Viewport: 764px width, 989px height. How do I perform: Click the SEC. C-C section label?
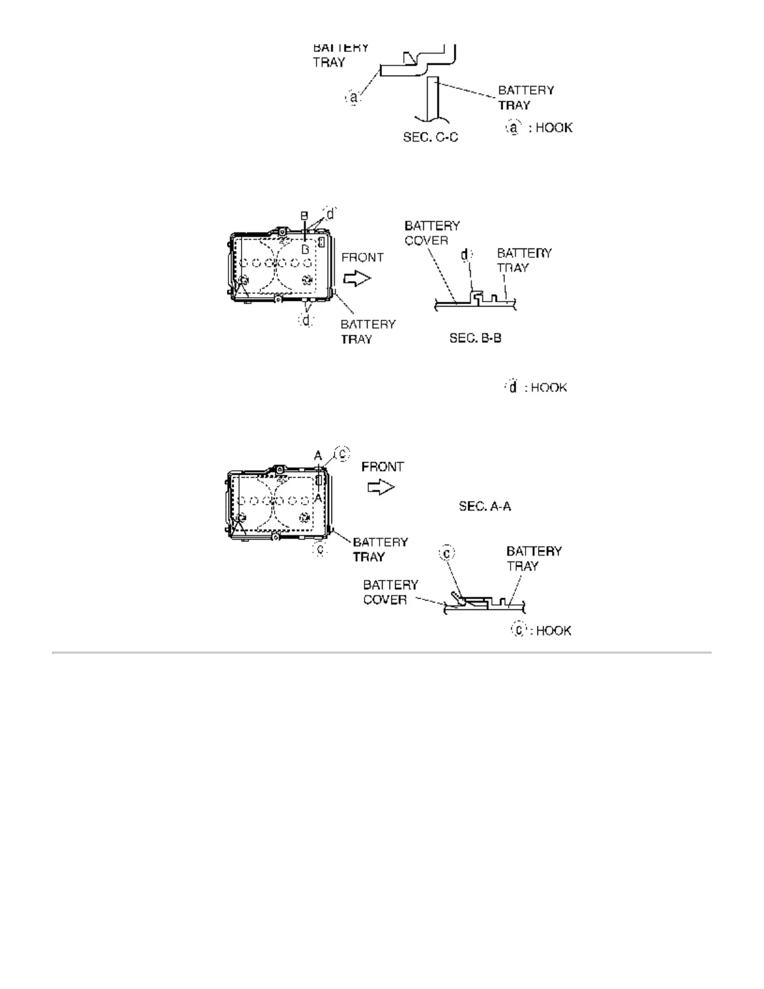pyautogui.click(x=431, y=137)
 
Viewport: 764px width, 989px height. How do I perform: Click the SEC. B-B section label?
pyautogui.click(x=476, y=338)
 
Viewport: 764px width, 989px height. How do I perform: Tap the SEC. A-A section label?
pyautogui.click(x=485, y=506)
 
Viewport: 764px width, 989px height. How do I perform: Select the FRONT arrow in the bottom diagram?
pyautogui.click(x=381, y=487)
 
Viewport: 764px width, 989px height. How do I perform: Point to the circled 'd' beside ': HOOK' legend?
pyautogui.click(x=512, y=387)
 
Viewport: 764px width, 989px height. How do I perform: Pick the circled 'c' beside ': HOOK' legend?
pyautogui.click(x=518, y=630)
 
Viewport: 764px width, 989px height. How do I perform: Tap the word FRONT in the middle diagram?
pyautogui.click(x=363, y=257)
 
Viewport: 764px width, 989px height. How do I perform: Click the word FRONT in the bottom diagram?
pyautogui.click(x=383, y=466)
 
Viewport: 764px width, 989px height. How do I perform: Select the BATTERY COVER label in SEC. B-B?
pyautogui.click(x=432, y=233)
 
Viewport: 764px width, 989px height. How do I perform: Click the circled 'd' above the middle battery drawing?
pyautogui.click(x=330, y=214)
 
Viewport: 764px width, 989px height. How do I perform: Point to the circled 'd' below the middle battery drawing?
pyautogui.click(x=306, y=320)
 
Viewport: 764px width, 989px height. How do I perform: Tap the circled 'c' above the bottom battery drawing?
pyautogui.click(x=343, y=455)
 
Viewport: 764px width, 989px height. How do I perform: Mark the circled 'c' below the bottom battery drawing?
pyautogui.click(x=320, y=549)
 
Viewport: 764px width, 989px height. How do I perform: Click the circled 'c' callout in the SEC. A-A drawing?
pyautogui.click(x=448, y=553)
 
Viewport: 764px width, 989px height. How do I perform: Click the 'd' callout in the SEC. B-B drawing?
pyautogui.click(x=466, y=255)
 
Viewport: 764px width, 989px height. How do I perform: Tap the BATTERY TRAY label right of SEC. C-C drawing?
pyautogui.click(x=526, y=97)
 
